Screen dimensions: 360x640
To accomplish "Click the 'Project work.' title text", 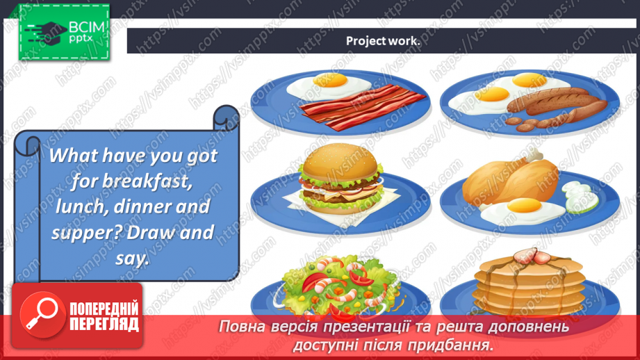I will [383, 41].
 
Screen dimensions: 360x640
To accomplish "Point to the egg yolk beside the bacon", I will [329, 79].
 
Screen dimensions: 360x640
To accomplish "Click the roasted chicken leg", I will [510, 179].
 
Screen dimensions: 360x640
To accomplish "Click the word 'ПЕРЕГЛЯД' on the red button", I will [104, 324].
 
